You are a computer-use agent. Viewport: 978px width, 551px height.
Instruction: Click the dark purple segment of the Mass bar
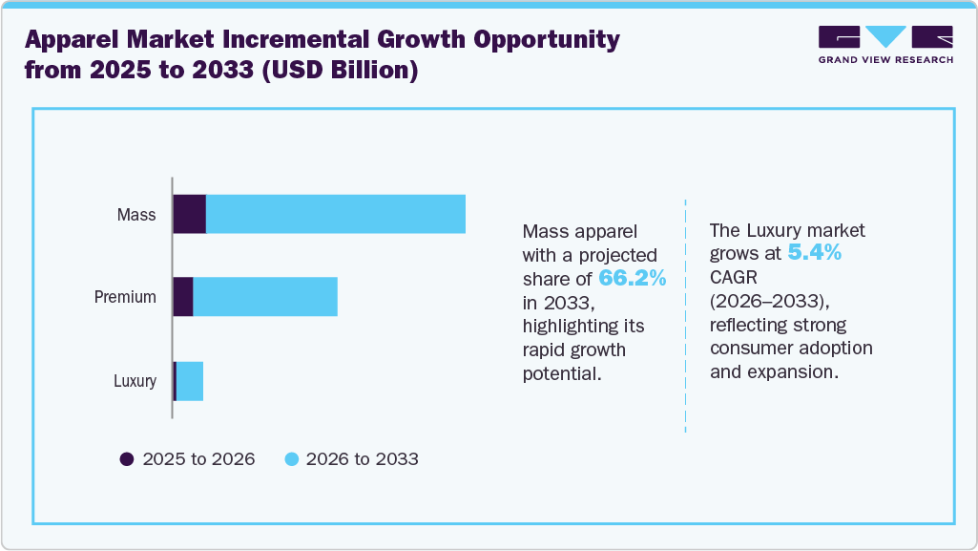189,214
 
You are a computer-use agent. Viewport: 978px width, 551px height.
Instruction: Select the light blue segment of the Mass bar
336,214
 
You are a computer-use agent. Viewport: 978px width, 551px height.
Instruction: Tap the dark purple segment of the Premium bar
183,297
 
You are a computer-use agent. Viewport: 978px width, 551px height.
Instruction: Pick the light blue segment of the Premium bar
265,297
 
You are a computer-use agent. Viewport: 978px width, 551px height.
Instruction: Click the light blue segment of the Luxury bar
190,381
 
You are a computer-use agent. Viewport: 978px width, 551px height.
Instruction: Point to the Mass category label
136,215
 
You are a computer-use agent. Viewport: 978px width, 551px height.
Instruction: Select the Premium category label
125,297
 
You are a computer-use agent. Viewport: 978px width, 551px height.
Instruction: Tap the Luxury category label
135,381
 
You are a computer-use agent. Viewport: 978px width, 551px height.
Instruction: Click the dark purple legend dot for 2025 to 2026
127,459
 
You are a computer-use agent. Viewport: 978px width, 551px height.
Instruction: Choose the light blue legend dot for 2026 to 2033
292,459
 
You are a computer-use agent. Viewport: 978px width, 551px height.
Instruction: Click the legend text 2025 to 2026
198,459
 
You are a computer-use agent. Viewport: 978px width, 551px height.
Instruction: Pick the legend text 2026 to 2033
363,459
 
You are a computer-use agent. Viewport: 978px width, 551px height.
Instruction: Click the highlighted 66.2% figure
632,278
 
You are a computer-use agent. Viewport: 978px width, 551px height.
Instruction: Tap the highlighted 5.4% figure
814,253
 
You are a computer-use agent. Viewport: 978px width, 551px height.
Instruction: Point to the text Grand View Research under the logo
885,59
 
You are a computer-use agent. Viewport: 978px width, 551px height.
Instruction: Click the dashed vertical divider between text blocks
686,315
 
